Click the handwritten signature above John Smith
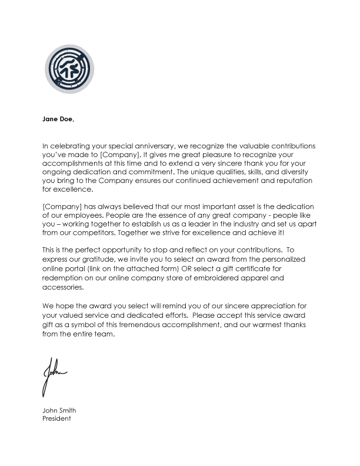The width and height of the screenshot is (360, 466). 53,375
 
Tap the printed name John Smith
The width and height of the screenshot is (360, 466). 59,411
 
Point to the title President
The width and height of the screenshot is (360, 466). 56,419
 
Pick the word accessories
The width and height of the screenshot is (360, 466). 64,289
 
